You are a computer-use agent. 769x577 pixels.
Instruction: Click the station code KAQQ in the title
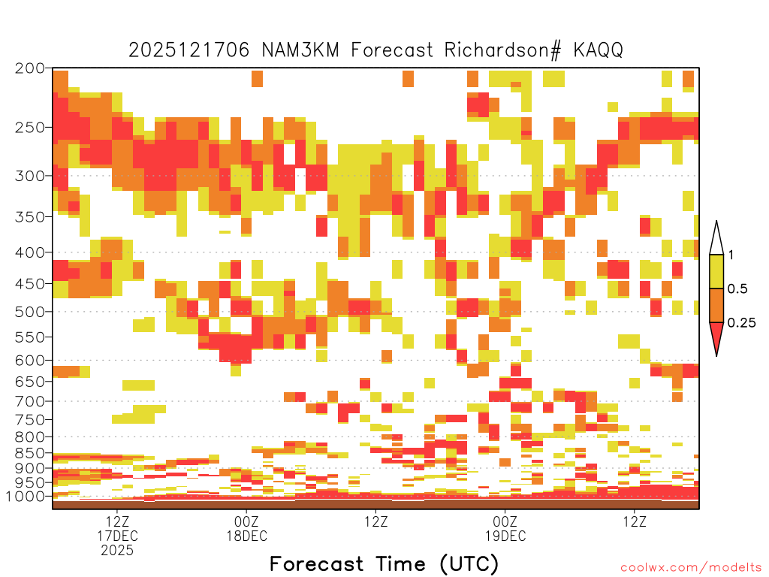[x=599, y=50]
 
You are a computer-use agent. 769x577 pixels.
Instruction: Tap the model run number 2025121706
[x=189, y=50]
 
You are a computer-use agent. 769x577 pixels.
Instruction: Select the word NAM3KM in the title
[x=300, y=50]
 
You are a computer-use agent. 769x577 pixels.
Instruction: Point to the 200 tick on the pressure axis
[x=30, y=68]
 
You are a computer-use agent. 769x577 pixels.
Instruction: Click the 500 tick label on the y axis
[x=30, y=312]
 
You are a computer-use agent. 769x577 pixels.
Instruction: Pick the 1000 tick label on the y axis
[x=26, y=496]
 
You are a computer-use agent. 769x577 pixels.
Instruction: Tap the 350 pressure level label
[x=30, y=216]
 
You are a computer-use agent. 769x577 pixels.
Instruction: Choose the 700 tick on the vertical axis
[x=30, y=401]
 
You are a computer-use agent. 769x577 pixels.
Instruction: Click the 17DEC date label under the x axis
[x=117, y=536]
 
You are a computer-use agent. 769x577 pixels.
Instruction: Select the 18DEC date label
[x=246, y=536]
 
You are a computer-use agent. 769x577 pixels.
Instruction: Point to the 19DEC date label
[x=505, y=536]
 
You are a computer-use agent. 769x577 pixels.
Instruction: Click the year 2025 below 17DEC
[x=117, y=551]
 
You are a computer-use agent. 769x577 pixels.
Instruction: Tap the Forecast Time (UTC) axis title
[x=384, y=564]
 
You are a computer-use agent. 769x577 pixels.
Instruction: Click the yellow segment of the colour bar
[x=716, y=271]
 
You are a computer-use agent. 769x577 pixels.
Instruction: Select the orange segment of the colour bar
[x=716, y=305]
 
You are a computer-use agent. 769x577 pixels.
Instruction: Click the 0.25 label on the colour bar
[x=741, y=322]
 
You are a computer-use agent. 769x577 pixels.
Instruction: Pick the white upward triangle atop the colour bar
[x=716, y=238]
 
